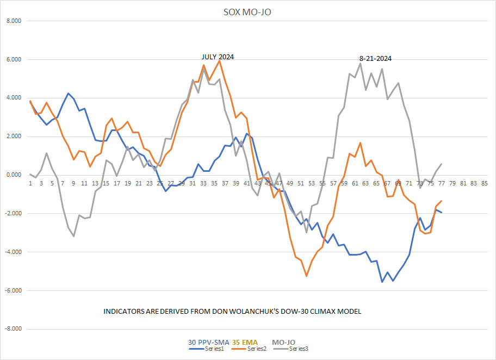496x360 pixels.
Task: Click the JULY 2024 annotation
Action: point(218,57)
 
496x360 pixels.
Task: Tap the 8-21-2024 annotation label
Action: point(375,58)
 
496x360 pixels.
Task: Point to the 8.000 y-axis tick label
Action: point(13,21)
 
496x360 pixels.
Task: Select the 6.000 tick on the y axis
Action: point(13,60)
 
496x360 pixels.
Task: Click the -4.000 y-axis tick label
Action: point(12,252)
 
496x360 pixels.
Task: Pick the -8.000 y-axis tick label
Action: point(12,329)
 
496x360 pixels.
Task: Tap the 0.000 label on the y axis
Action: point(13,175)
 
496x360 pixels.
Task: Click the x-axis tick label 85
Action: point(484,183)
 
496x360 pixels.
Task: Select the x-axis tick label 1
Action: point(30,183)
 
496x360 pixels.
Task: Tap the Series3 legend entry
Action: point(299,349)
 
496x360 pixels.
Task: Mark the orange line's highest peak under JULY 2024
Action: point(220,60)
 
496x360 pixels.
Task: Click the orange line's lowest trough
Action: point(307,276)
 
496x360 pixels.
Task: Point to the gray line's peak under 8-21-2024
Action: point(360,63)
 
